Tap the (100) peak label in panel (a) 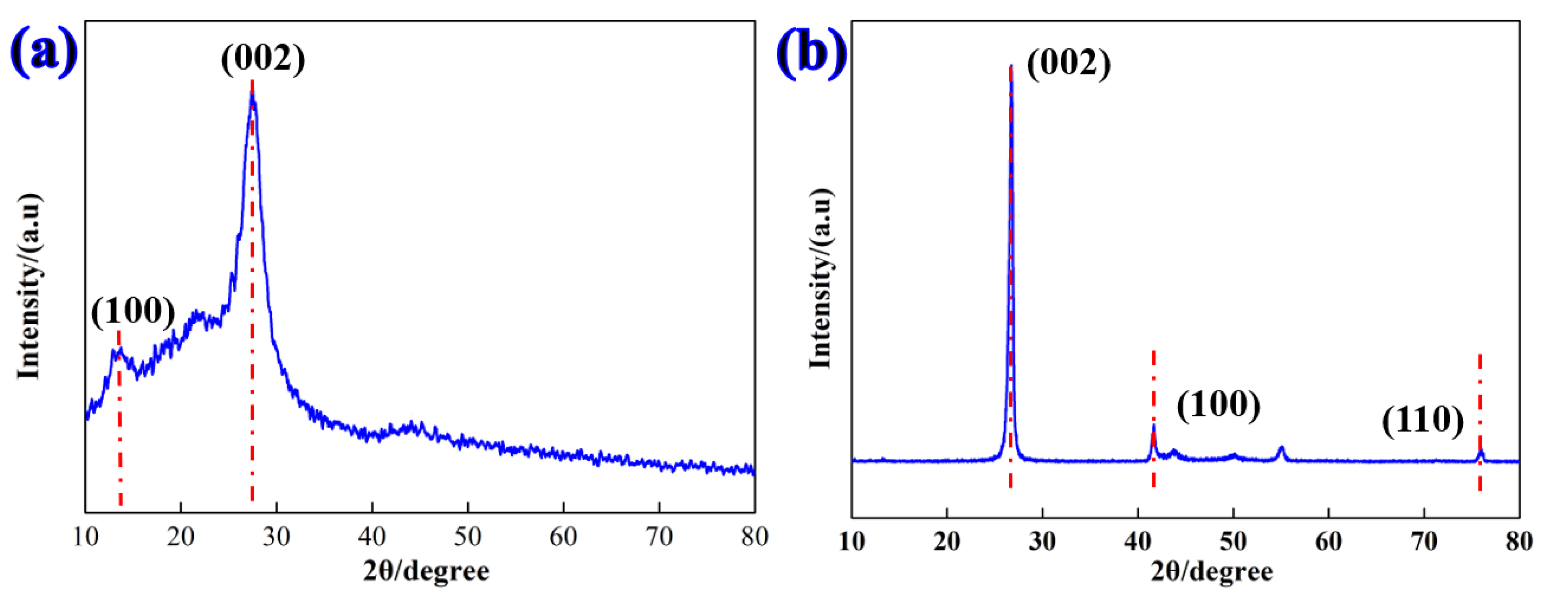pos(133,311)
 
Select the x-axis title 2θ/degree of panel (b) pos(1211,571)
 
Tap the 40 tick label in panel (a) pos(371,536)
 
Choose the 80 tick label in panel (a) pos(754,536)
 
